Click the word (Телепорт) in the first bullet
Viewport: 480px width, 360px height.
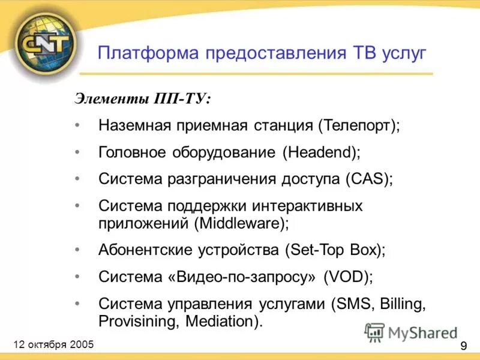(x=359, y=126)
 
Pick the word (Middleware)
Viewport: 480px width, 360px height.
(x=241, y=223)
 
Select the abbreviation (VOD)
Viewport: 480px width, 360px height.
(x=348, y=277)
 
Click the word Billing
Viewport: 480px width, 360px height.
(x=402, y=304)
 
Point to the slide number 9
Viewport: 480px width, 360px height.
(x=464, y=346)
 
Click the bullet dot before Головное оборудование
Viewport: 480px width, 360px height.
(x=78, y=152)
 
